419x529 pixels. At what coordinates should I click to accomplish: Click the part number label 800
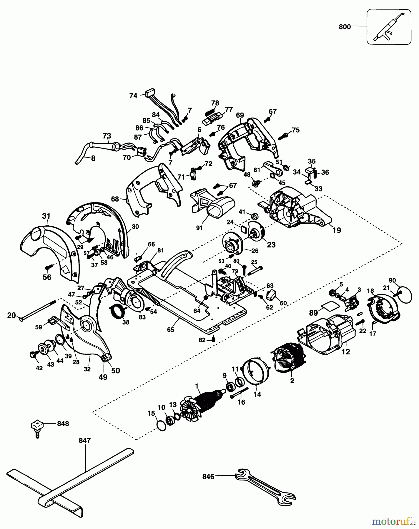[345, 27]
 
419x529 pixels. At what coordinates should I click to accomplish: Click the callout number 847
[85, 441]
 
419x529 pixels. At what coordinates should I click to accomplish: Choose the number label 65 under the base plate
[170, 329]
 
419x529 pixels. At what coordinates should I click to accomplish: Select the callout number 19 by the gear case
[337, 230]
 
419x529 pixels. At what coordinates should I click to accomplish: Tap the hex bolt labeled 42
[33, 354]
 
